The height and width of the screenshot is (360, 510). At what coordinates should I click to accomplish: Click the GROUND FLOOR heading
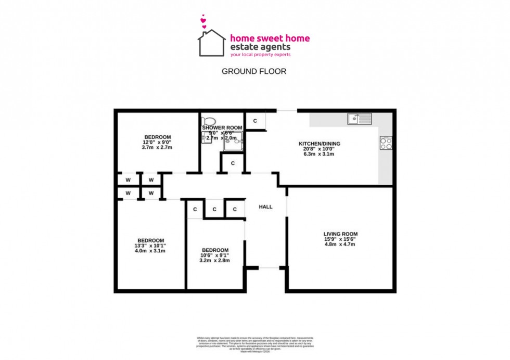(x=254, y=71)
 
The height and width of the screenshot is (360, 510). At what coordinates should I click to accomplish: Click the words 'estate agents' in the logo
(x=260, y=46)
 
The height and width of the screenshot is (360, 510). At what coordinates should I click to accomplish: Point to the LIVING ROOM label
(x=340, y=234)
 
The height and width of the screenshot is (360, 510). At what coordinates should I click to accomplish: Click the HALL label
(x=265, y=207)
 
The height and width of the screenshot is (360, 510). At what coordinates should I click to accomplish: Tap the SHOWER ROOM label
(x=222, y=127)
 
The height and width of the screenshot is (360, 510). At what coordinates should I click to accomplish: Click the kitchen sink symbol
(x=359, y=119)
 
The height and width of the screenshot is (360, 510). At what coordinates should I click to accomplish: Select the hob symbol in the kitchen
(x=386, y=143)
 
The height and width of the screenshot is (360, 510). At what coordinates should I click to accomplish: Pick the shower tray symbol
(x=234, y=141)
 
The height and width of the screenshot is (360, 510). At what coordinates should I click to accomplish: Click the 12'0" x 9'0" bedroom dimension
(x=157, y=142)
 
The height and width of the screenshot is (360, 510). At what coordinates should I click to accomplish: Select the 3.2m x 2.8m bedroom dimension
(x=215, y=261)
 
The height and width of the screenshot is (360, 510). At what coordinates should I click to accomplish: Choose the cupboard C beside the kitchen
(x=255, y=121)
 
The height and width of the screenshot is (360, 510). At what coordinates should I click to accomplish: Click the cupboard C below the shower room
(x=233, y=163)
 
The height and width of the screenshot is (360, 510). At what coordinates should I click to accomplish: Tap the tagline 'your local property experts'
(x=260, y=54)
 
